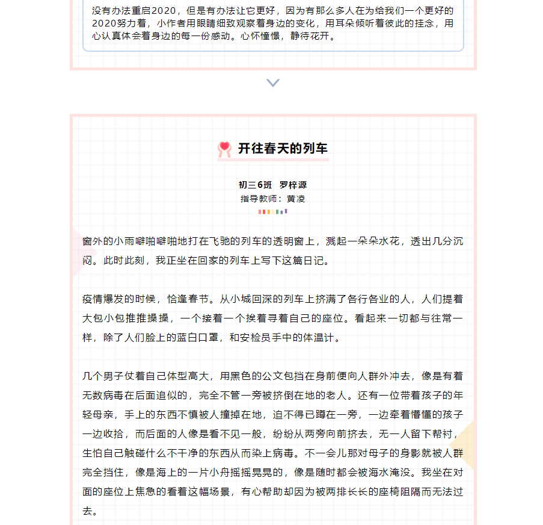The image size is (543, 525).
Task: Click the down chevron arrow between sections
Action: [x=273, y=83]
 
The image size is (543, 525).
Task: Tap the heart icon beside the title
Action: [x=224, y=149]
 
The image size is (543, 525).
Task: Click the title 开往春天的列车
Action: [x=283, y=149]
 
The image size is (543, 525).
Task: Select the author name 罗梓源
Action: [x=293, y=185]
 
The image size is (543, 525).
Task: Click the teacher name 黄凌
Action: [x=296, y=198]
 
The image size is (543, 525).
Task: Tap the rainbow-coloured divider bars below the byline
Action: [x=273, y=211]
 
